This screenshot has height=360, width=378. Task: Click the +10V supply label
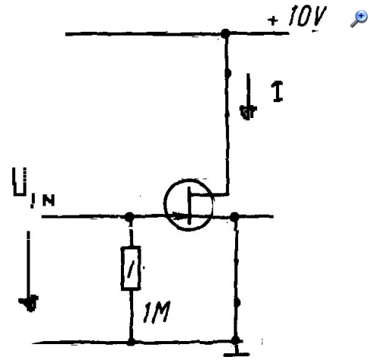297,17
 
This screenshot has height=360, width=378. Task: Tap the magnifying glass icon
359,18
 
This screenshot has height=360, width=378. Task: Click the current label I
277,92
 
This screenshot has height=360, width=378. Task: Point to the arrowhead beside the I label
248,113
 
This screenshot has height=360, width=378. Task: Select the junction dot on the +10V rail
225,33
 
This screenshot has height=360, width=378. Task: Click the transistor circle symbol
164,205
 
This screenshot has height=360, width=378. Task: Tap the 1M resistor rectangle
131,268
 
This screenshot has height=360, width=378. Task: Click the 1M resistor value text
156,312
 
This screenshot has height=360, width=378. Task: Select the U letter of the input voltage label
20,182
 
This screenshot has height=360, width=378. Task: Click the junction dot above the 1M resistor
130,217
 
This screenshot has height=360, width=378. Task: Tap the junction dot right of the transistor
234,216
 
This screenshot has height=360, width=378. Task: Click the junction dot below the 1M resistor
131,342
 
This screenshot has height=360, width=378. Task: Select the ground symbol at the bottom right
237,352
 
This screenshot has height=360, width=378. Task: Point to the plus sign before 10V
273,20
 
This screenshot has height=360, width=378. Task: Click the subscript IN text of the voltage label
42,200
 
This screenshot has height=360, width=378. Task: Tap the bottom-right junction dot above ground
236,340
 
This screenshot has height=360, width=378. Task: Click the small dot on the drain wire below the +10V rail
228,73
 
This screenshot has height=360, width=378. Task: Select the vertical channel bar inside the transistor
189,206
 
